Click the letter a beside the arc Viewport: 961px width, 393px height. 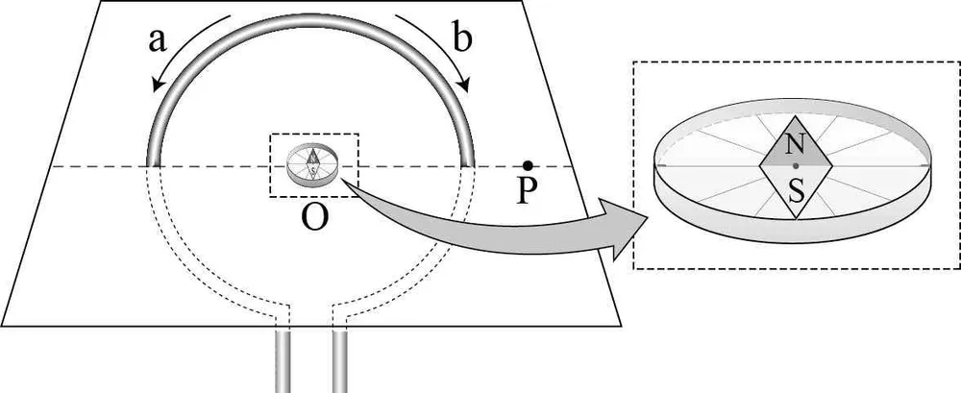click(x=159, y=41)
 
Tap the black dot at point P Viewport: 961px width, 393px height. click(x=527, y=165)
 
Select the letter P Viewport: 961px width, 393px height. click(x=526, y=191)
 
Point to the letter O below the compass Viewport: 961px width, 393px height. click(x=314, y=216)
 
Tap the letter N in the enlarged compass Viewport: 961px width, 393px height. click(x=795, y=145)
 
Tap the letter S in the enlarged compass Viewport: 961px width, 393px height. click(x=796, y=192)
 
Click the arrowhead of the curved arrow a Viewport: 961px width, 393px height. click(x=158, y=84)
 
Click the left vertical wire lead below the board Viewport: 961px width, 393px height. click(x=282, y=360)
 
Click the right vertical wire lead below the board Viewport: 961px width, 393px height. click(x=340, y=360)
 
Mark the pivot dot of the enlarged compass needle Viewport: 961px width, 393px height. click(x=795, y=165)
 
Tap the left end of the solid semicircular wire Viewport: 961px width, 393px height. click(x=153, y=164)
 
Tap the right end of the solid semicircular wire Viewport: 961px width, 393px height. click(x=468, y=164)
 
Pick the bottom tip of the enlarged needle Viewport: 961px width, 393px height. click(x=796, y=218)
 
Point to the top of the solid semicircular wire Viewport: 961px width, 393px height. click(x=310, y=19)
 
